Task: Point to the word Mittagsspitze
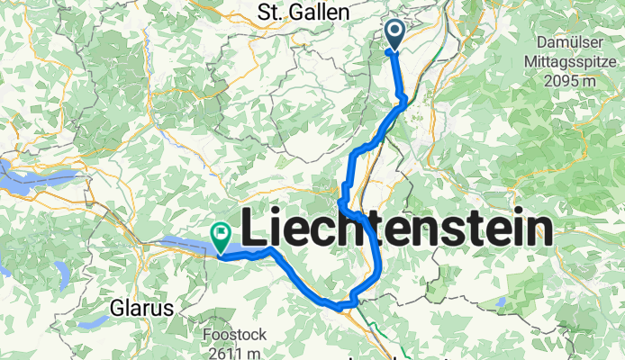(x=572, y=62)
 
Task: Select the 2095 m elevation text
(x=572, y=82)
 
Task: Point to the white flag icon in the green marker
(x=221, y=233)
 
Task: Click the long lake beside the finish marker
(x=185, y=242)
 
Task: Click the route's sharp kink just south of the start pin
(x=403, y=98)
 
